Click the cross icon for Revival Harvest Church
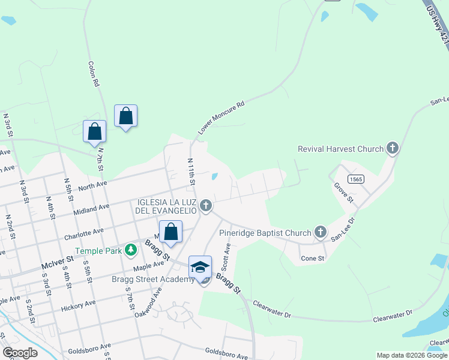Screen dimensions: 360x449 coord(393,148)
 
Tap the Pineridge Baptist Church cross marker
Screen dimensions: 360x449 coord(321,232)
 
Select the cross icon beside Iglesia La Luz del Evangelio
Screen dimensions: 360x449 coord(206,206)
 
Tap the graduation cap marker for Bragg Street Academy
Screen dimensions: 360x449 coord(200,266)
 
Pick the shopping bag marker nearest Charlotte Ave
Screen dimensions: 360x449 coord(170,232)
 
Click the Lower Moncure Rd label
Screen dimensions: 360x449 coord(222,117)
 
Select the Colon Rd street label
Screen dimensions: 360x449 coord(93,74)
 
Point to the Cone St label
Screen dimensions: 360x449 coord(313,259)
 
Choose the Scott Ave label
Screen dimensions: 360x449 coord(227,256)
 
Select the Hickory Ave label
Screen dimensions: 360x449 coord(78,307)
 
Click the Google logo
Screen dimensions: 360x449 coord(20,353)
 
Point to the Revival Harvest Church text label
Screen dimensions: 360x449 coord(340,149)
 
